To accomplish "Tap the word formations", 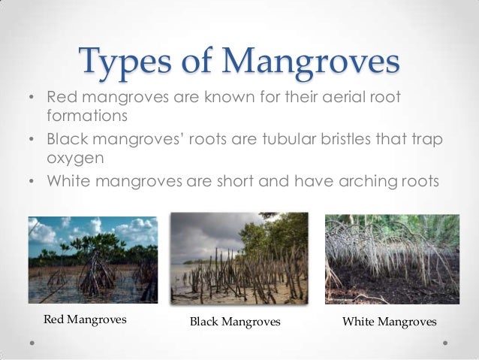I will click(89, 117).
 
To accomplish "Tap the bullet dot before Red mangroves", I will click(30, 99).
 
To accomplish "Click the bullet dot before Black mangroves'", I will click(30, 141).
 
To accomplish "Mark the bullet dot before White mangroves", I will click(30, 182).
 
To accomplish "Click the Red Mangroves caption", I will click(85, 320).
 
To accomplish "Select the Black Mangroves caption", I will click(235, 322).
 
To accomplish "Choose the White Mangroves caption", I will click(389, 322).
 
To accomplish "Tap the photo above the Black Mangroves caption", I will click(239, 257).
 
